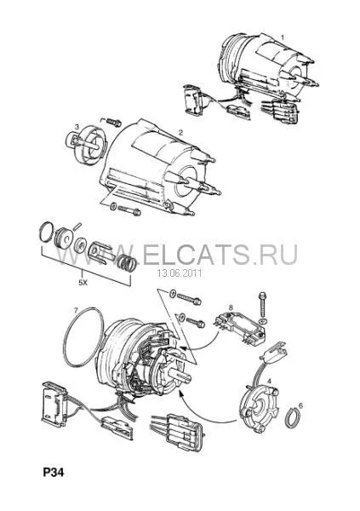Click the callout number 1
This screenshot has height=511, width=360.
[283, 37]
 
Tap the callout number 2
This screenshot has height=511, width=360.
[180, 133]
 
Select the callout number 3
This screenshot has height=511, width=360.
[77, 126]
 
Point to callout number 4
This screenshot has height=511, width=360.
[269, 381]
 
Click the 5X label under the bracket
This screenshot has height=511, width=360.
[83, 283]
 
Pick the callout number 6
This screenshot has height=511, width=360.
[300, 405]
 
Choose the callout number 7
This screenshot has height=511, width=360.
[76, 309]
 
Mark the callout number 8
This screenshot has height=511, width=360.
[231, 307]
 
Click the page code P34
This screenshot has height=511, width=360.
[54, 473]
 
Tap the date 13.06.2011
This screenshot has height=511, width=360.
[180, 273]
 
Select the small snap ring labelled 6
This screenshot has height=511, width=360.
[293, 417]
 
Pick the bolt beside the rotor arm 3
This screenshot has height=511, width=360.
[114, 123]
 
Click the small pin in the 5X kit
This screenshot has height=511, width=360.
[77, 226]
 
